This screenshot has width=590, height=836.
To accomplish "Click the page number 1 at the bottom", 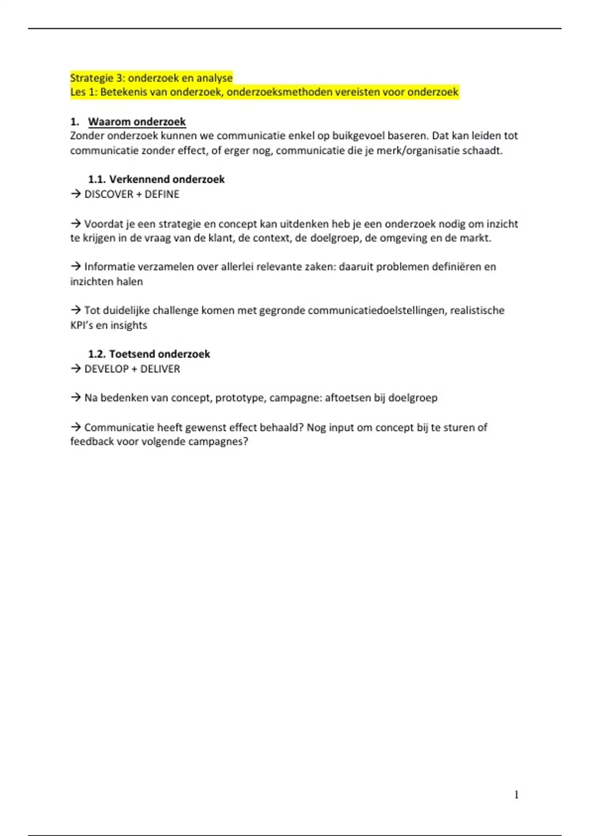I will (x=516, y=795).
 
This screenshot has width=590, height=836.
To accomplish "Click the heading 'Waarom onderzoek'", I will (x=137, y=121).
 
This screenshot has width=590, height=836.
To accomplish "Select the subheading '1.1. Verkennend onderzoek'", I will (x=156, y=179).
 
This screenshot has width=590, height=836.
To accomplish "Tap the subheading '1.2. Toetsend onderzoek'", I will (x=149, y=354).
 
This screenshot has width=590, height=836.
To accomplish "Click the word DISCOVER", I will (x=109, y=194).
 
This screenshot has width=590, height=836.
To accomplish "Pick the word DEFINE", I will (x=162, y=194).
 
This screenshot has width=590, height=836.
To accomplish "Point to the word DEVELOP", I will (x=106, y=369).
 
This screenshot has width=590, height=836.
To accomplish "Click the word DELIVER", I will (x=160, y=369).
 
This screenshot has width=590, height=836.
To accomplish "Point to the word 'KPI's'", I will (x=82, y=325).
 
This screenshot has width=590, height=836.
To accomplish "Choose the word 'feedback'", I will (x=91, y=441).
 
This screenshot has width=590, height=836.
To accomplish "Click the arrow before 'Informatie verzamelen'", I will (x=75, y=267).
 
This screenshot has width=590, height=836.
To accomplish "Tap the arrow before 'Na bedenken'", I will (x=75, y=397).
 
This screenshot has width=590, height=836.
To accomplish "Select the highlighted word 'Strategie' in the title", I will (x=91, y=78).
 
